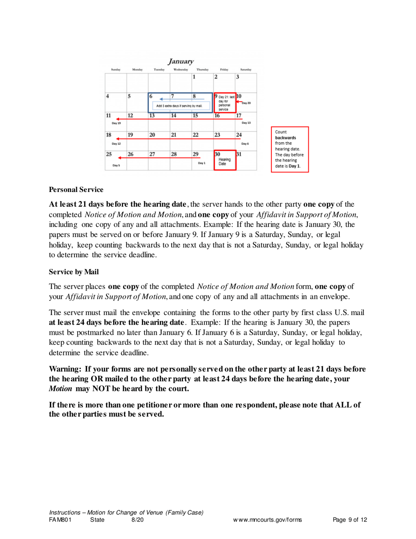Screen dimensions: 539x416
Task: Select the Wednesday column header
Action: click(180, 69)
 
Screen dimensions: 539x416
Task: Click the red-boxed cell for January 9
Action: click(225, 103)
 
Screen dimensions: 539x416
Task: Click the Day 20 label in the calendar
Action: click(246, 103)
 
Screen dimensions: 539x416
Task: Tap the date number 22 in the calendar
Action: click(196, 135)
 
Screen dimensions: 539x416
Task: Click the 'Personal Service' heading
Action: click(76, 190)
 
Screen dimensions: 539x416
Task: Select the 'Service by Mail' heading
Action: click(74, 272)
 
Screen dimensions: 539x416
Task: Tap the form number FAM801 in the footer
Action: click(60, 520)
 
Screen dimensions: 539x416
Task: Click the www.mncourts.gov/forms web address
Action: click(268, 520)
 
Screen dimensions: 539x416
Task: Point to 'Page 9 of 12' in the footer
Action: click(349, 520)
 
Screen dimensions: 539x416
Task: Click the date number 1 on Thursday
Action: click(194, 77)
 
